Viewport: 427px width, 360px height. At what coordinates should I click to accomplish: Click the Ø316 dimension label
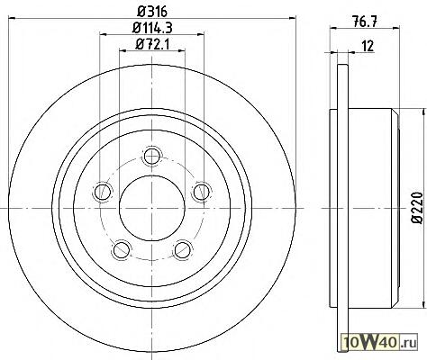pos(152,12)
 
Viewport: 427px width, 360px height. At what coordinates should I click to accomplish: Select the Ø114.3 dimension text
pos(152,28)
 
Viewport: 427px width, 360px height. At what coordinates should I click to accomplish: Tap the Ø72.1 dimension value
pos(152,44)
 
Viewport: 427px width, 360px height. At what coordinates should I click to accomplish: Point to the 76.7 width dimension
pos(365,22)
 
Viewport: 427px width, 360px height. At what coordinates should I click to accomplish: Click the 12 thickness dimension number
pos(368,46)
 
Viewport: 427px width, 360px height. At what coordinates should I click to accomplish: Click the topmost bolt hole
pos(152,156)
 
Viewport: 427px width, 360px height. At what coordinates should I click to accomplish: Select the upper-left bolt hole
pos(103,192)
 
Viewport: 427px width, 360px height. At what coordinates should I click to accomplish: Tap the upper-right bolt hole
pos(201,192)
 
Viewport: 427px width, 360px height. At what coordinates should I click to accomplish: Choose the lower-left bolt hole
pos(122,249)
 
